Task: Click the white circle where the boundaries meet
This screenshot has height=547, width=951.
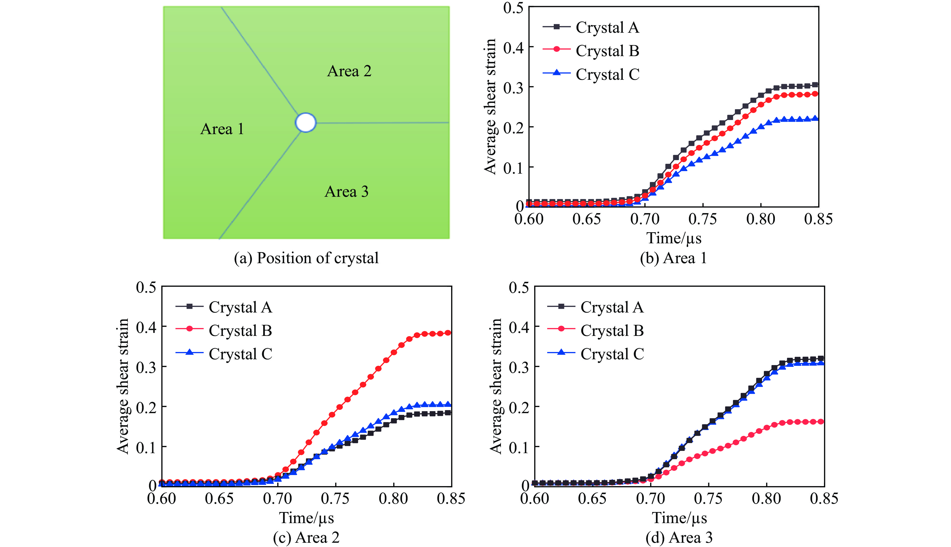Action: click(x=306, y=123)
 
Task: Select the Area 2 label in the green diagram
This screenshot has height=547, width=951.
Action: click(x=349, y=71)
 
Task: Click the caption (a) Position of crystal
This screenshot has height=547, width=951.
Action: click(x=306, y=258)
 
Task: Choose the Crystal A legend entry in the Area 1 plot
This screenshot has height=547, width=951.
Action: click(x=607, y=27)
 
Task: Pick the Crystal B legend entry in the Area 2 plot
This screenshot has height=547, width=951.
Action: click(x=240, y=331)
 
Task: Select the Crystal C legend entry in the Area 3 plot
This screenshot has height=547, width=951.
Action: click(x=612, y=354)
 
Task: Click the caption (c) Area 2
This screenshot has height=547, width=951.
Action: click(x=306, y=538)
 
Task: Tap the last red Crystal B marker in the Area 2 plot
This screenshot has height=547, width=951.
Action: click(x=448, y=333)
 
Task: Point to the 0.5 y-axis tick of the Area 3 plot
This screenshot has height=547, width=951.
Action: click(x=519, y=288)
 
